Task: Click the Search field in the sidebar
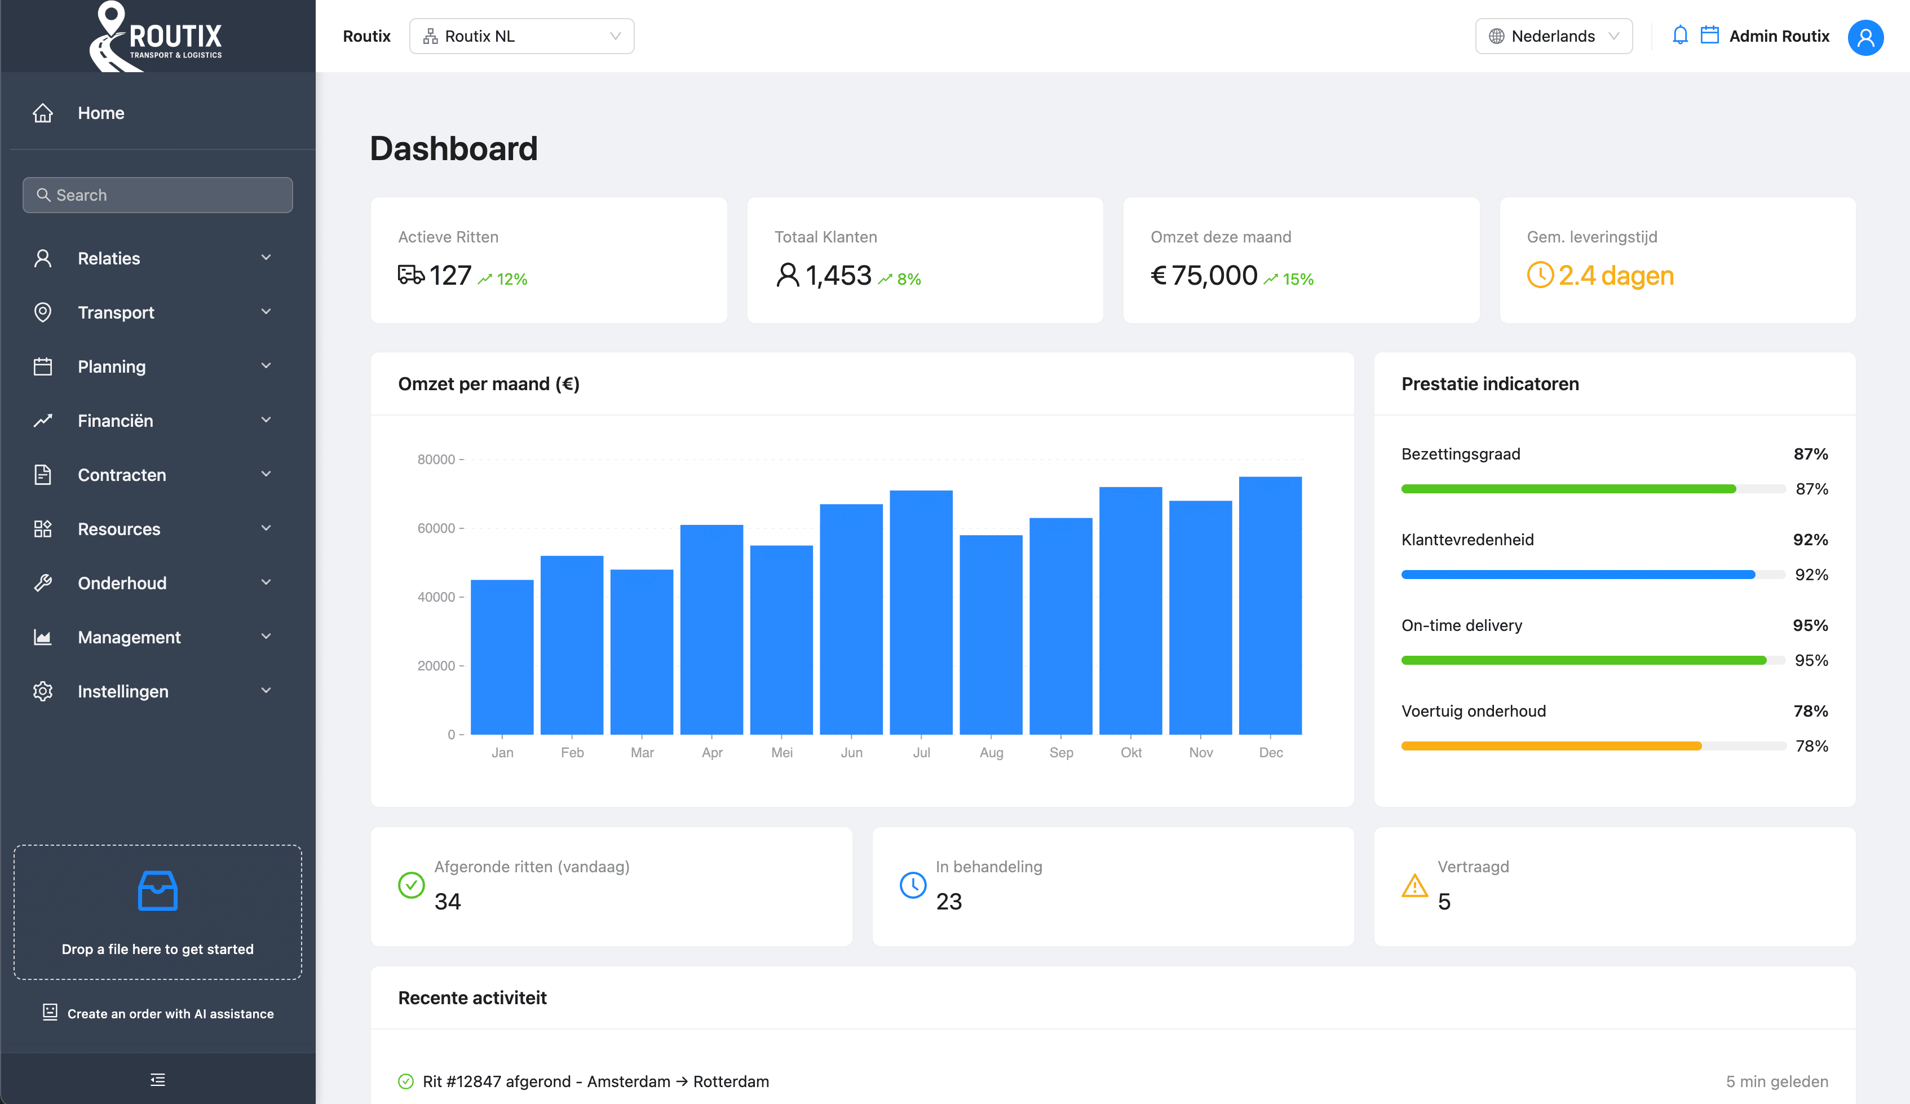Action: pos(158,195)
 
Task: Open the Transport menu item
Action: pos(116,312)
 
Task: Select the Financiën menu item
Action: pos(115,421)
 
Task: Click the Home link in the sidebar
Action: pos(101,113)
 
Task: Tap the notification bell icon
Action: pos(1679,36)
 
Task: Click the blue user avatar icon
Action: pos(1865,37)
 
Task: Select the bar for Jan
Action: pos(502,657)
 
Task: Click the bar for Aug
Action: pos(991,635)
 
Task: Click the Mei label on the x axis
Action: pos(781,752)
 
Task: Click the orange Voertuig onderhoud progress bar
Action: pos(1551,746)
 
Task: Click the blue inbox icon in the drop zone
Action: pos(158,891)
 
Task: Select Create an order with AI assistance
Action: pos(170,1014)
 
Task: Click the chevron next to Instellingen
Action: pos(266,691)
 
